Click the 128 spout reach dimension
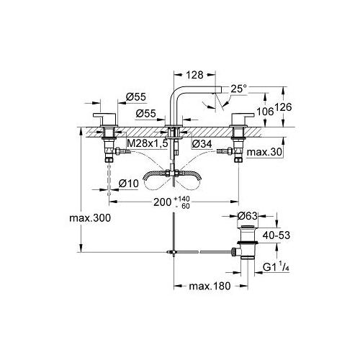click(195, 75)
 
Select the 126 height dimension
click(283, 107)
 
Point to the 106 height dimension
click(265, 112)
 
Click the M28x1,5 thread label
click(147, 143)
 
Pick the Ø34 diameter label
click(202, 144)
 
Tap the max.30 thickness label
click(264, 152)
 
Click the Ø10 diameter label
click(129, 184)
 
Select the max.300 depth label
click(90, 218)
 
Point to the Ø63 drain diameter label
click(248, 216)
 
